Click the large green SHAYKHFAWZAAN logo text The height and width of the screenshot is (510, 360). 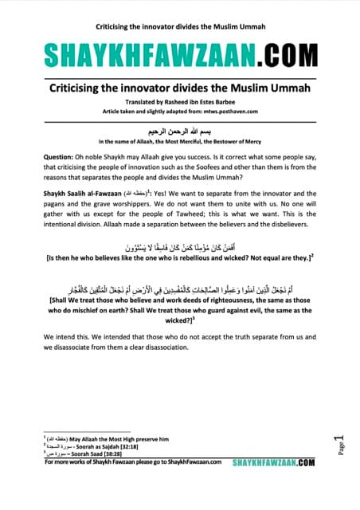[143, 55]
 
